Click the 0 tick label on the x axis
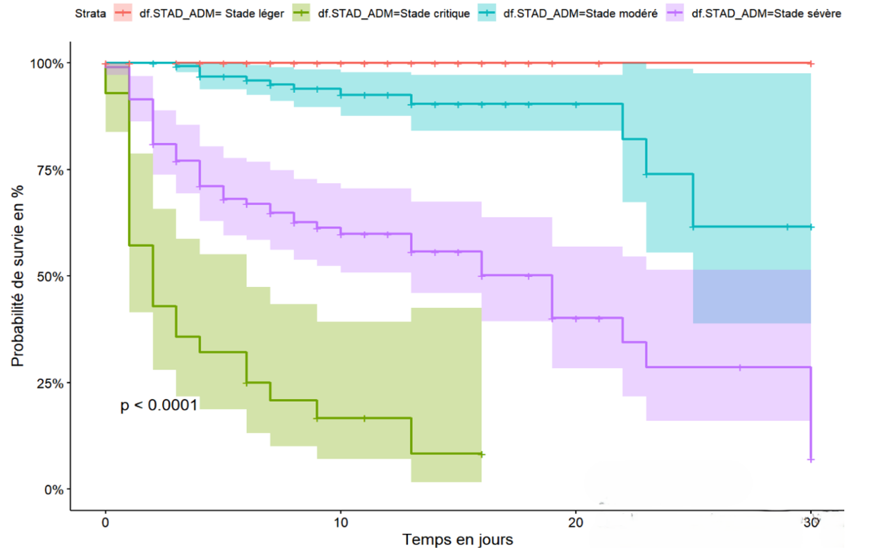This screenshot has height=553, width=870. point(105,522)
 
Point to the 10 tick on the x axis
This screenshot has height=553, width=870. point(341,522)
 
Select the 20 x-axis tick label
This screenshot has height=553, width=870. point(576,522)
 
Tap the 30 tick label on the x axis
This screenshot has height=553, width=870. point(811,522)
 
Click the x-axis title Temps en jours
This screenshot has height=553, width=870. point(458,540)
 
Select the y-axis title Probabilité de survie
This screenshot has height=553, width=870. point(18,276)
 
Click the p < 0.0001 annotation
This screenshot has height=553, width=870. point(159,406)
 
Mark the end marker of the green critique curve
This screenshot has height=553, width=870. point(482,454)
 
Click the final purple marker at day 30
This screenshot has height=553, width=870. point(811,460)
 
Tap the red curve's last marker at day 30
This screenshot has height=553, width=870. point(811,63)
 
